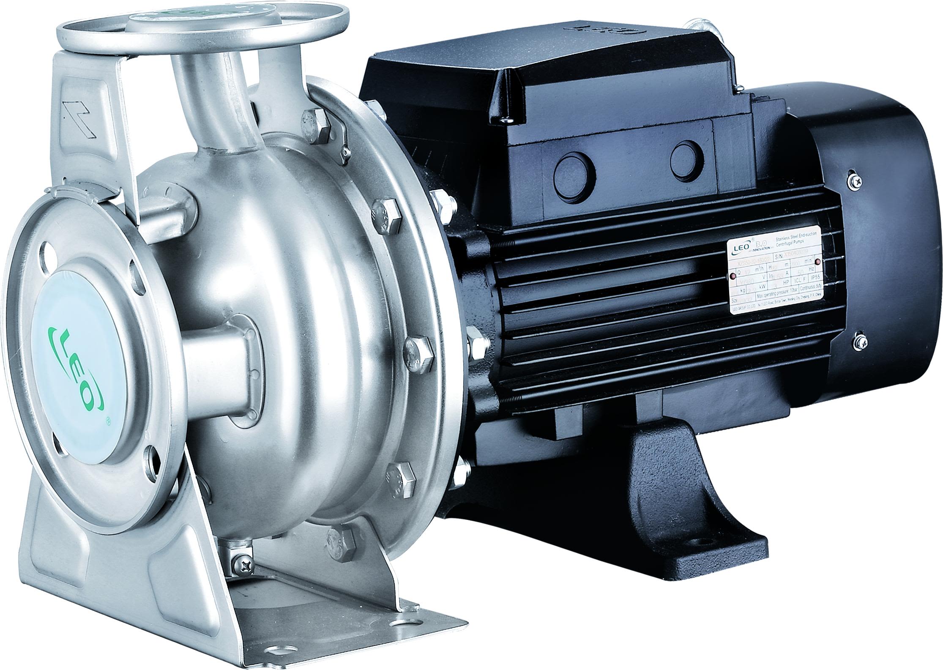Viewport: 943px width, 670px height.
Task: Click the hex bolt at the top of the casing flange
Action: [314, 120]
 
